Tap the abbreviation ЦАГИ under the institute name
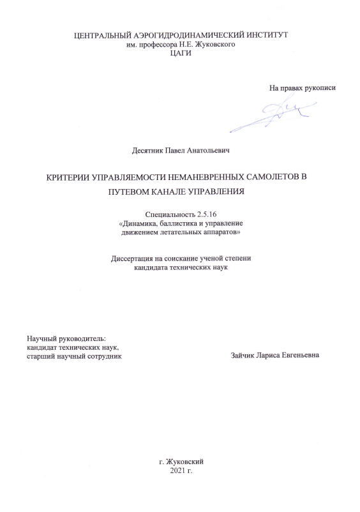(x=181, y=54)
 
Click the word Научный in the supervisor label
(x=40, y=337)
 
